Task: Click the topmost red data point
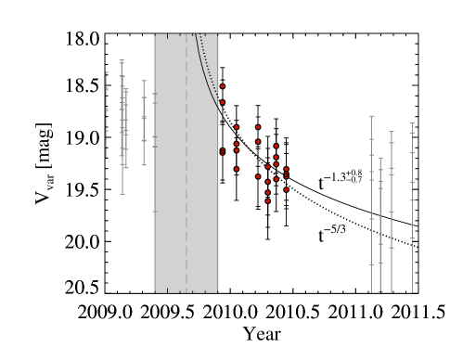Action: coord(222,86)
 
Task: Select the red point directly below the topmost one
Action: coord(222,102)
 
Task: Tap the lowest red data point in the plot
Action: coord(268,200)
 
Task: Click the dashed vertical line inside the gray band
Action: coord(186,186)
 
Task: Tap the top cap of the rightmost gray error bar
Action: coord(412,123)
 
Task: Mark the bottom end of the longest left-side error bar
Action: coord(122,193)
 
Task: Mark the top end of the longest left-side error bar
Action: coord(122,61)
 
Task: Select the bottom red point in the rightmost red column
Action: coord(286,189)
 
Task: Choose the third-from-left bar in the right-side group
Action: coord(392,209)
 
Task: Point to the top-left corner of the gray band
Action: coord(155,35)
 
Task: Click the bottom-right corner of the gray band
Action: coord(217,291)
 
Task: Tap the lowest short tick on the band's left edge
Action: coord(155,212)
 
